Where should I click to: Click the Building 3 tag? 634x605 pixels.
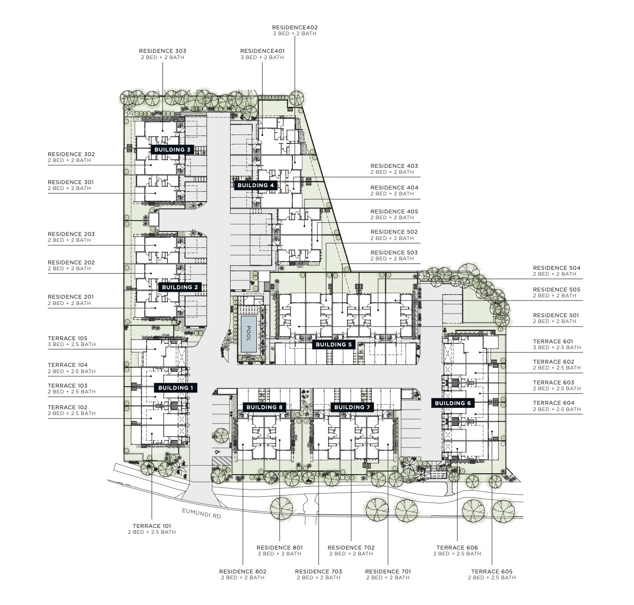(x=172, y=150)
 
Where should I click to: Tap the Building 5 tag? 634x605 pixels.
(x=333, y=345)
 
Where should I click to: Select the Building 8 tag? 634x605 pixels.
(x=264, y=407)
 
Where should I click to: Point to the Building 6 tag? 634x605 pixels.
(x=453, y=403)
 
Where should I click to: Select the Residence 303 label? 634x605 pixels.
(x=162, y=51)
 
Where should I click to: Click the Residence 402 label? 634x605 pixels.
(x=295, y=28)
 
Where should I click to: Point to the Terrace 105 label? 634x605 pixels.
(x=68, y=338)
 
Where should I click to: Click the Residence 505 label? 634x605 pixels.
(x=556, y=290)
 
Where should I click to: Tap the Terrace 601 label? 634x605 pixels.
(x=553, y=342)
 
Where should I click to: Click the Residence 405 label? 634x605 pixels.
(x=394, y=212)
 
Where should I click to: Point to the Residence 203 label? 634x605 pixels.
(x=71, y=234)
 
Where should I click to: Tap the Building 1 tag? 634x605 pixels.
(x=176, y=388)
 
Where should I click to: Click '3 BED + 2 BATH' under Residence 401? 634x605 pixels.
(x=262, y=57)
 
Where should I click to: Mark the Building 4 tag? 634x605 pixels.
(x=256, y=185)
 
